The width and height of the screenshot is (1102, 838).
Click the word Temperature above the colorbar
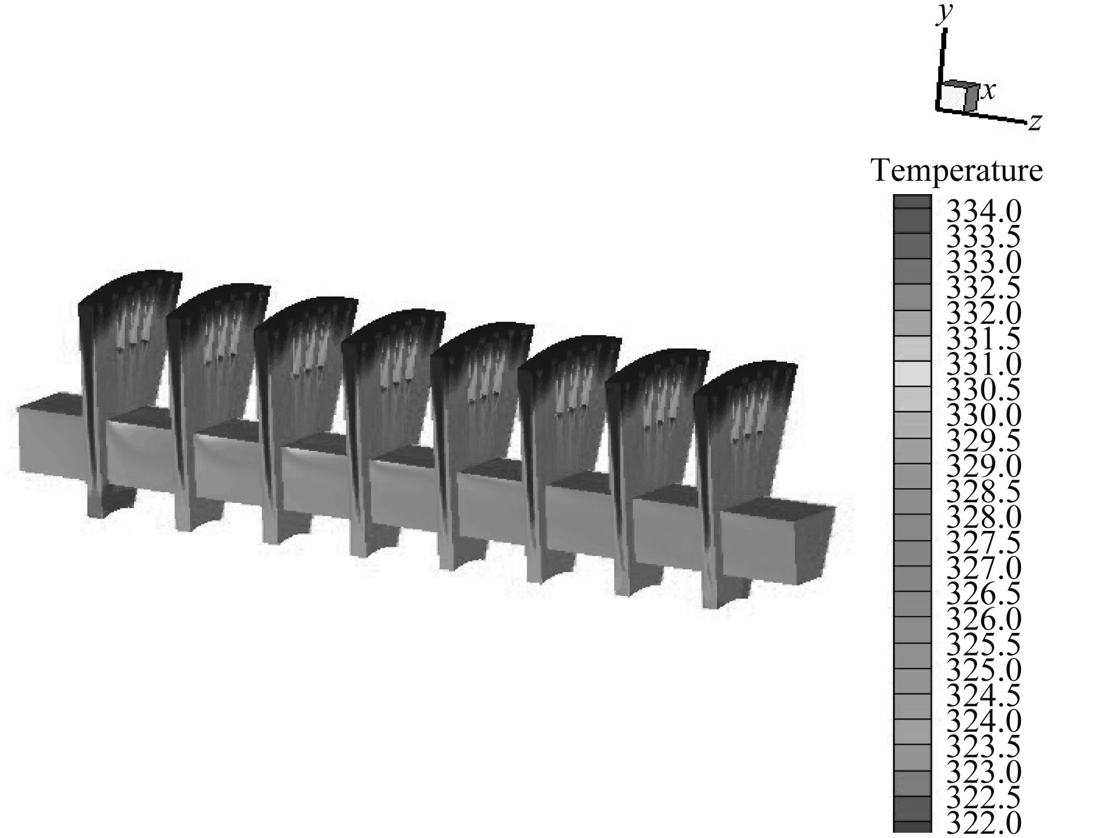tap(957, 171)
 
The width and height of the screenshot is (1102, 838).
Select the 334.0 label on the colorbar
tap(983, 211)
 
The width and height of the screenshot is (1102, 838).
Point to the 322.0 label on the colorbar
tap(983, 823)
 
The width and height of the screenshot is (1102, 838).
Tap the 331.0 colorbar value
tap(983, 364)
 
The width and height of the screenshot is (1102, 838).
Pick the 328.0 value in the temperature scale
tap(983, 517)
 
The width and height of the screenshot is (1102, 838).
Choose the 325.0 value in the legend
tap(983, 670)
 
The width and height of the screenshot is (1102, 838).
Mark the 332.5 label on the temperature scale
tap(983, 287)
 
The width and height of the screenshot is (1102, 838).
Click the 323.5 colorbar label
tap(983, 747)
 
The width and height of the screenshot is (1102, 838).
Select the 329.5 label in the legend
tap(983, 441)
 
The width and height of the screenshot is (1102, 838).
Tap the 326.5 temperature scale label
tap(983, 594)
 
